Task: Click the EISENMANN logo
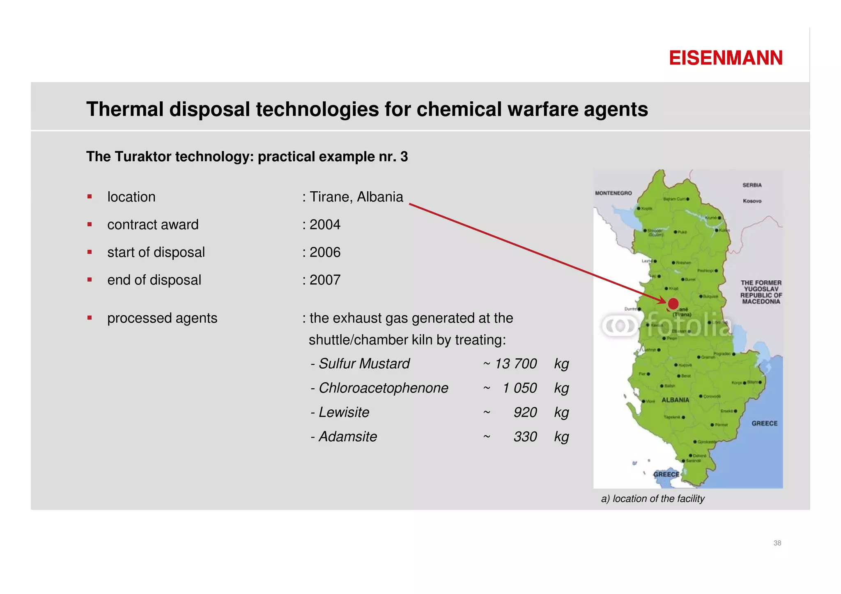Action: pos(726,58)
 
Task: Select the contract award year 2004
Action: pos(325,225)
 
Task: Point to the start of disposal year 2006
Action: pos(325,252)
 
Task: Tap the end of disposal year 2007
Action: pos(325,280)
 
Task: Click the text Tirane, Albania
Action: pos(356,197)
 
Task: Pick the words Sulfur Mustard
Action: pos(364,364)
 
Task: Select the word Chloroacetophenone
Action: pos(384,388)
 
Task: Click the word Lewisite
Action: pos(344,412)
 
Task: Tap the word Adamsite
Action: pos(348,436)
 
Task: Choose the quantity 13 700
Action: pos(515,364)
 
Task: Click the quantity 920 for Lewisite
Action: pos(525,412)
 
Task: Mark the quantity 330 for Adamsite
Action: pos(525,436)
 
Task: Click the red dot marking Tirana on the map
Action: pos(673,304)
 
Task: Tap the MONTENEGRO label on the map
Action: pos(613,193)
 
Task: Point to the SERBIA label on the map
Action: pos(752,185)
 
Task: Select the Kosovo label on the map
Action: pos(752,201)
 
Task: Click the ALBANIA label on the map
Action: pos(676,400)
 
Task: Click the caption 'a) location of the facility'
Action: pos(653,499)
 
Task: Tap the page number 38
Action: pos(777,543)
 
